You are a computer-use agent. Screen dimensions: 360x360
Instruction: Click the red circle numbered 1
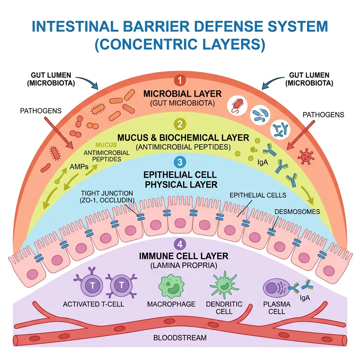pos(180,81)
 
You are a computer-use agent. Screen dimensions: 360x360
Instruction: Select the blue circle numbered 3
pos(180,162)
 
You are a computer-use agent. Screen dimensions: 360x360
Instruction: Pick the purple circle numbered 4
pos(180,243)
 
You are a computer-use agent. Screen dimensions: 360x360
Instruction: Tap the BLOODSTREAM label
pos(180,338)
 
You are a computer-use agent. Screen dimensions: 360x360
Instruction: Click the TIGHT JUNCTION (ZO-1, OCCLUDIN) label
pos(107,197)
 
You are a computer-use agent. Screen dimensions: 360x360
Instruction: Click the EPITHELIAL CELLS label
pos(258,195)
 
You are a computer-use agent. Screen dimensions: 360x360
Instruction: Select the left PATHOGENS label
pos(41,111)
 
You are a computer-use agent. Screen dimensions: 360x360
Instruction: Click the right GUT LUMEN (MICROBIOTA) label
pos(309,79)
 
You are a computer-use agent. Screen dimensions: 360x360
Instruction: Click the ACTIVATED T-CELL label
pos(94,304)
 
